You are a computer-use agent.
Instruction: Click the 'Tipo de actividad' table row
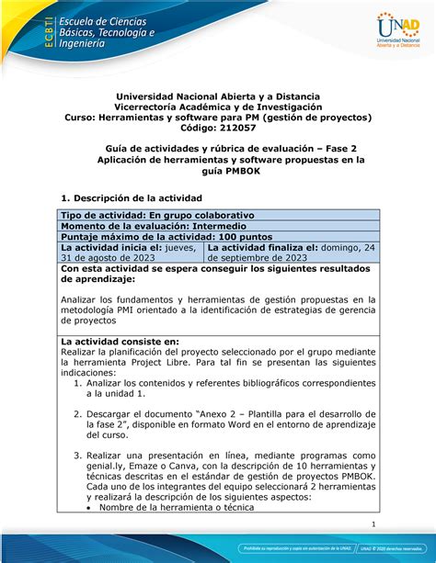(x=217, y=215)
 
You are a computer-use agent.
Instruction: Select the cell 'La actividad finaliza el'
(x=291, y=253)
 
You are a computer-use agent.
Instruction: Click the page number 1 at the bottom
(x=377, y=524)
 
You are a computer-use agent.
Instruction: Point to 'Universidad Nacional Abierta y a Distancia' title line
(x=217, y=95)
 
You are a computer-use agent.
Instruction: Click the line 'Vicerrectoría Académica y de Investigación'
(x=217, y=107)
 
